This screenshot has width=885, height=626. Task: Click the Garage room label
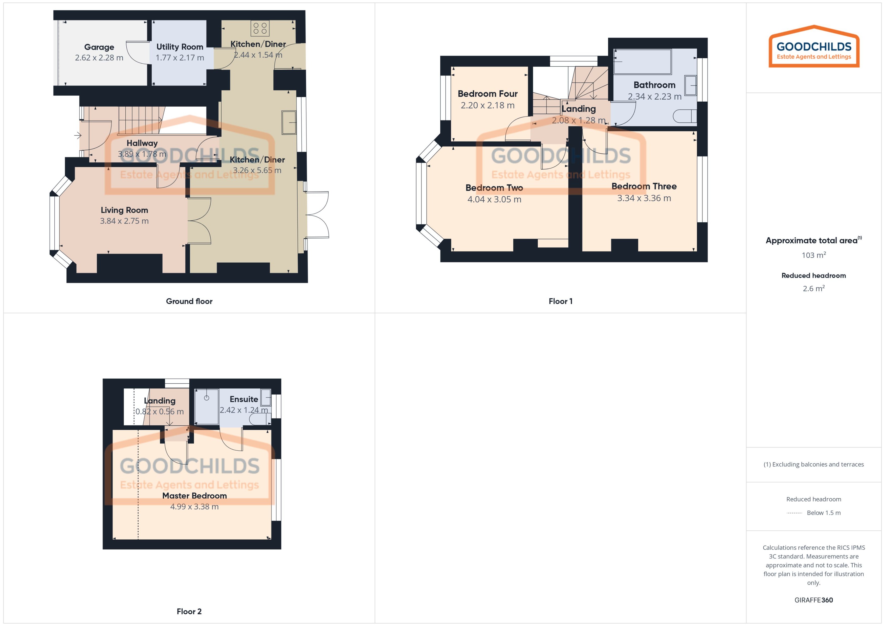(99, 47)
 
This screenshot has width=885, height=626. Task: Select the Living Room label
(124, 210)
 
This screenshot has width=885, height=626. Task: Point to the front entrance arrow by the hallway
(78, 135)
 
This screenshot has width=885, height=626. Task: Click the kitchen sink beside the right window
(289, 123)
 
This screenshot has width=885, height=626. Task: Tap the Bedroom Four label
(488, 94)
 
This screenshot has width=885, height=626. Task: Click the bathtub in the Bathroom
(642, 61)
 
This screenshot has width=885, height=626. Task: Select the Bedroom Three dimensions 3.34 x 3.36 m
(644, 198)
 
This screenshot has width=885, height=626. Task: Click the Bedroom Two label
(494, 188)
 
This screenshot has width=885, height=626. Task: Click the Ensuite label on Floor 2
(244, 399)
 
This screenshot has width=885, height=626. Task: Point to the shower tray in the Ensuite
(207, 407)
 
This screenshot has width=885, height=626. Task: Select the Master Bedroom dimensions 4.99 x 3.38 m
(194, 506)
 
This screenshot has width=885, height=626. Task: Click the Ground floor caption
(189, 301)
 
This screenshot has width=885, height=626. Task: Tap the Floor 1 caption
(560, 301)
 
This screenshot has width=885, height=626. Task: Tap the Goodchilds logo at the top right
(814, 47)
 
